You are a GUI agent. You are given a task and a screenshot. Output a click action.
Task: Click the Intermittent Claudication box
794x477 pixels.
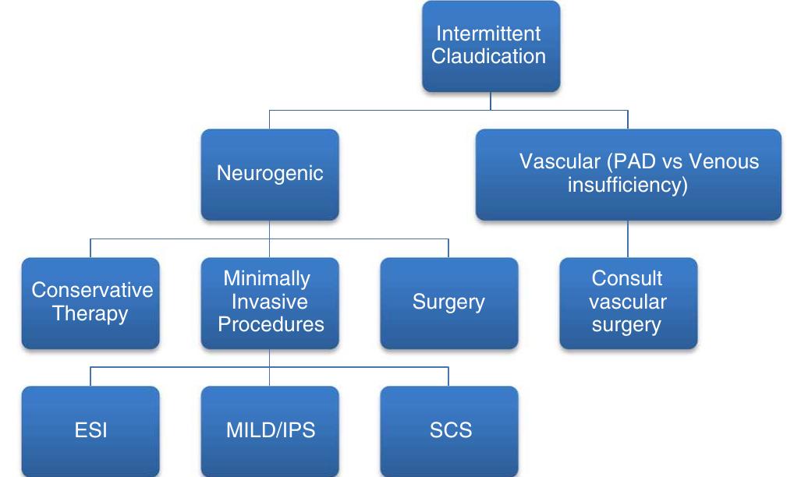pyautogui.click(x=490, y=46)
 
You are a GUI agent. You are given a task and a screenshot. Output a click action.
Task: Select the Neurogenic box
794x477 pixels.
pyautogui.click(x=270, y=174)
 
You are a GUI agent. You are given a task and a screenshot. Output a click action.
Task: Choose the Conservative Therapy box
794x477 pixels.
pyautogui.click(x=90, y=302)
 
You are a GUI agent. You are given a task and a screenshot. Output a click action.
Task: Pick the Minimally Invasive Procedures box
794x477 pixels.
pyautogui.click(x=270, y=302)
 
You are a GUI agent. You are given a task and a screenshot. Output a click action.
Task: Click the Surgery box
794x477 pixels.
pyautogui.click(x=448, y=302)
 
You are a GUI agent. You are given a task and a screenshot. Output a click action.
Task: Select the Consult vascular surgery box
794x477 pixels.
pyautogui.click(x=628, y=302)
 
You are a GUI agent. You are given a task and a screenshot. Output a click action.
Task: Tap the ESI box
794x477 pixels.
pyautogui.click(x=90, y=430)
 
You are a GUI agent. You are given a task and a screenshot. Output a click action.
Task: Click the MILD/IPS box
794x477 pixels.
pyautogui.click(x=270, y=430)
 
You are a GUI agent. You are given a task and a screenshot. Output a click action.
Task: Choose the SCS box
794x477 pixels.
pyautogui.click(x=448, y=430)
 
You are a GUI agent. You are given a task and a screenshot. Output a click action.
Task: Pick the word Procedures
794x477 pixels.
pyautogui.click(x=270, y=324)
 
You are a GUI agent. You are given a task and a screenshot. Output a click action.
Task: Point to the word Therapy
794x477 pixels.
pyautogui.click(x=90, y=314)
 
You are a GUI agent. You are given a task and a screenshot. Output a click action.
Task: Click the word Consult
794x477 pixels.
pyautogui.click(x=628, y=279)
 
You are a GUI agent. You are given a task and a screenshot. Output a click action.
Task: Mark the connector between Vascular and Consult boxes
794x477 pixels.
pyautogui.click(x=628, y=238)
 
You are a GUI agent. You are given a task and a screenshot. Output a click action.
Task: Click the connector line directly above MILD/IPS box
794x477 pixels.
pyautogui.click(x=270, y=376)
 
